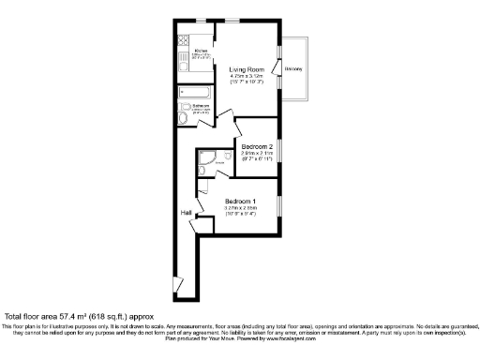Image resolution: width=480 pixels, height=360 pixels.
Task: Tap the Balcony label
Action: (x=293, y=69)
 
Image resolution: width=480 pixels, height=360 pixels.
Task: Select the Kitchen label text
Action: (x=200, y=52)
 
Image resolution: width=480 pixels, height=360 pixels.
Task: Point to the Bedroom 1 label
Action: (x=241, y=201)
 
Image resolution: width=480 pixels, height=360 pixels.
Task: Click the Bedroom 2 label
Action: (x=256, y=147)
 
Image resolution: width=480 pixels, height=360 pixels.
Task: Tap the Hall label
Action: (x=187, y=213)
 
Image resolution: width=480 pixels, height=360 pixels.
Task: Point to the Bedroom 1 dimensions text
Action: (x=241, y=211)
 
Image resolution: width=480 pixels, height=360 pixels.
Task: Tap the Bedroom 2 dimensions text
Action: (x=256, y=157)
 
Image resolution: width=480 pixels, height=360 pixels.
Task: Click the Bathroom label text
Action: (x=201, y=107)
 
